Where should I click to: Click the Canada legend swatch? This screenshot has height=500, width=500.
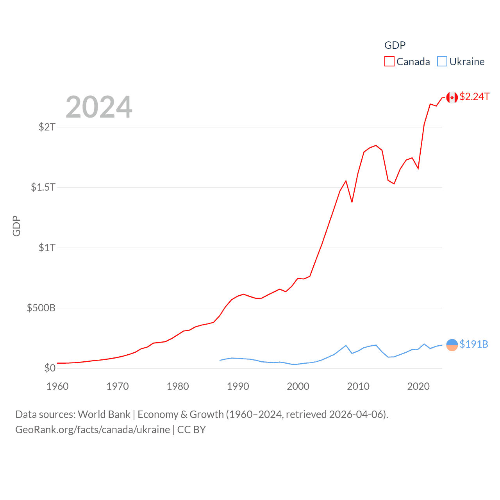pyautogui.click(x=389, y=62)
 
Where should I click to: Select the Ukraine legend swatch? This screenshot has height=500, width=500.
pyautogui.click(x=442, y=62)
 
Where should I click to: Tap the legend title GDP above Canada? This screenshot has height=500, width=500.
pyautogui.click(x=395, y=45)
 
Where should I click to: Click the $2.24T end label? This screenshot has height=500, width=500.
pyautogui.click(x=474, y=96)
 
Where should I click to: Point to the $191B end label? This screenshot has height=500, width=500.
pyautogui.click(x=473, y=344)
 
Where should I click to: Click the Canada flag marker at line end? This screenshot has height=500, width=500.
pyautogui.click(x=452, y=97)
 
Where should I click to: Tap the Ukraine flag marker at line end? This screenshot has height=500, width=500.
pyautogui.click(x=452, y=345)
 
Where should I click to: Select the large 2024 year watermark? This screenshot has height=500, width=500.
pyautogui.click(x=99, y=107)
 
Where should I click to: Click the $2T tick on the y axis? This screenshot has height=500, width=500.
pyautogui.click(x=47, y=127)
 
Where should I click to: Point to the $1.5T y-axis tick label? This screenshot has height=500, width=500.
pyautogui.click(x=43, y=187)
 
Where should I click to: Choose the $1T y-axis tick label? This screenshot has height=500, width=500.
pyautogui.click(x=47, y=248)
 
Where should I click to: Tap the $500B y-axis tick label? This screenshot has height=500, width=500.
pyautogui.click(x=41, y=308)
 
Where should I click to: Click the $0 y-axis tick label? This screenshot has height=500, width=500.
pyautogui.click(x=50, y=368)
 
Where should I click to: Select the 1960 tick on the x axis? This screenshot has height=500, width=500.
pyautogui.click(x=57, y=386)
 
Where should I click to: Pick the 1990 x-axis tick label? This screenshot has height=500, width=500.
pyautogui.click(x=238, y=386)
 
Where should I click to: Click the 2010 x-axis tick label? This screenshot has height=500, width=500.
pyautogui.click(x=358, y=386)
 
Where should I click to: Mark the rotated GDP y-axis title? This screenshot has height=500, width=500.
pyautogui.click(x=16, y=226)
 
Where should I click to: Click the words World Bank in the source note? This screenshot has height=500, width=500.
pyautogui.click(x=104, y=414)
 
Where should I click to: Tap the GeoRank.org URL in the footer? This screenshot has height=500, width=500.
pyautogui.click(x=93, y=430)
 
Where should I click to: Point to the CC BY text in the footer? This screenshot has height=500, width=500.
pyautogui.click(x=191, y=430)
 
